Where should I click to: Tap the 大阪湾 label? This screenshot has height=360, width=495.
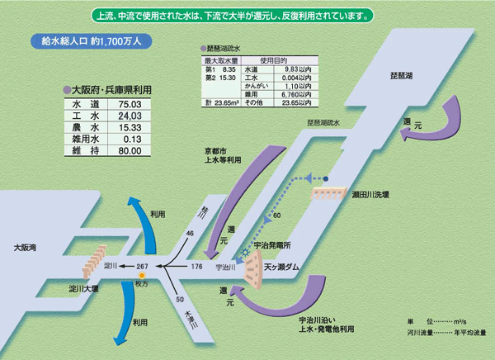point(27,247)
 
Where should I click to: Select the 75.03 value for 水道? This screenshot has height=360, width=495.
point(130,105)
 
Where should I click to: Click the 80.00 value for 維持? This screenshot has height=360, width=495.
point(130,151)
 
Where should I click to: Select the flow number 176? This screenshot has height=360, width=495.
point(196,267)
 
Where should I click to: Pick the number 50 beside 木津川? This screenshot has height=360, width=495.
point(180,299)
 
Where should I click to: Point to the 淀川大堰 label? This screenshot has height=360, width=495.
point(83,290)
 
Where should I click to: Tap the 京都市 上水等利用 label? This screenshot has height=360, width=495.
point(222,157)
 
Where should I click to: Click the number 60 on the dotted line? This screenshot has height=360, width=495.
point(277,216)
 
